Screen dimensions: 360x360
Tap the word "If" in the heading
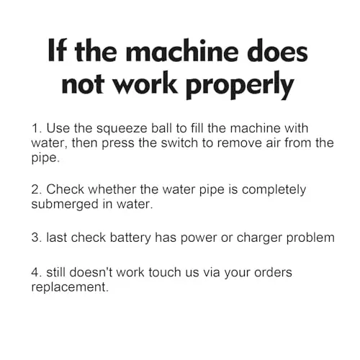pos(57,50)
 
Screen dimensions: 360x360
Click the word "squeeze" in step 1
pos(122,129)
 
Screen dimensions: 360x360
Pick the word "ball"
pos(161,128)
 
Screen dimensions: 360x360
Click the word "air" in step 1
pos(273,143)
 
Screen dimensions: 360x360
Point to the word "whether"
pos(112,189)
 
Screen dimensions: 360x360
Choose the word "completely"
pos(274,190)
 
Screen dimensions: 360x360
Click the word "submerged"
pos(65,204)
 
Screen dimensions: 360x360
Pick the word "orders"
pos(273,272)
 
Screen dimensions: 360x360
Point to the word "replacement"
pos(70,287)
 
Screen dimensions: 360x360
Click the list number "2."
pos(37,189)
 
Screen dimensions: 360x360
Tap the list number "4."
pos(37,273)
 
